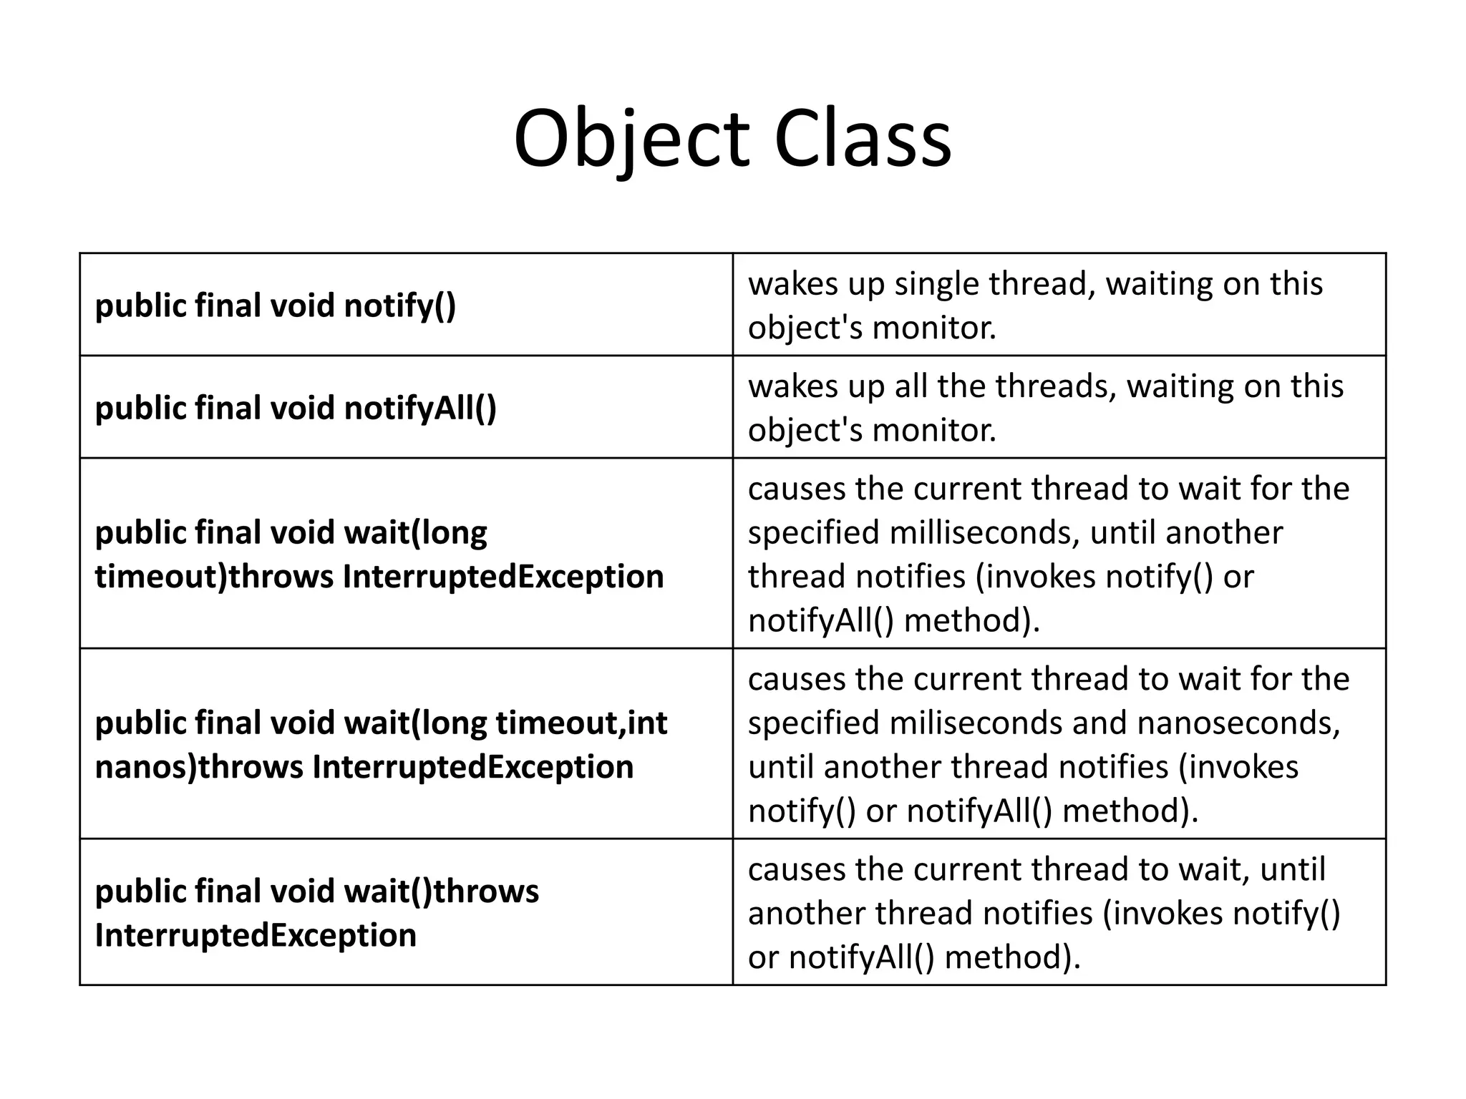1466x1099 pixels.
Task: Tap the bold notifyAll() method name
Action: point(420,408)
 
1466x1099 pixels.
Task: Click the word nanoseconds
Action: point(1238,723)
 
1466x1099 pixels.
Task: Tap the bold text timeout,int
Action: point(581,723)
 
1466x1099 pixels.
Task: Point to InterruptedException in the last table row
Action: point(256,935)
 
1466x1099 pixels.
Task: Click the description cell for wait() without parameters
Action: point(1059,912)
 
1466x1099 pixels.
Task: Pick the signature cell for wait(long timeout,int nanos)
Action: point(406,743)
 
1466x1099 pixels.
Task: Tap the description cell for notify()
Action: point(1059,304)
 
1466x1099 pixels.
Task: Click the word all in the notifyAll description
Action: point(910,386)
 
